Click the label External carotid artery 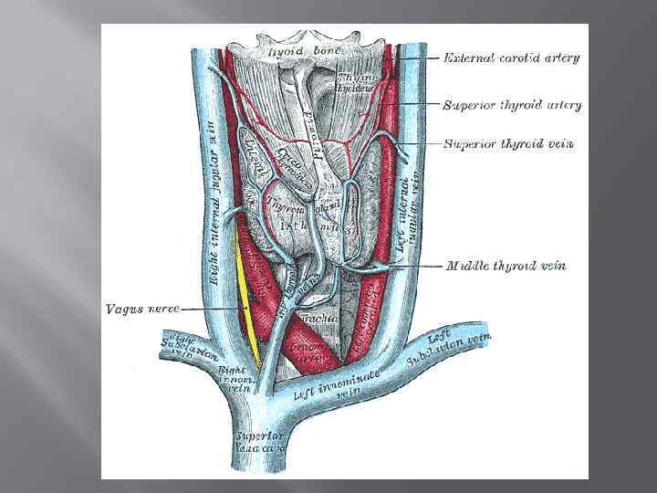pos(511,58)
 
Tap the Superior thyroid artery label pos(511,105)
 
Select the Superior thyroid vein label pos(507,143)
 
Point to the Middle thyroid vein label pos(506,267)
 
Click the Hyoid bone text pos(303,51)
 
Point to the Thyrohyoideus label pos(352,82)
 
